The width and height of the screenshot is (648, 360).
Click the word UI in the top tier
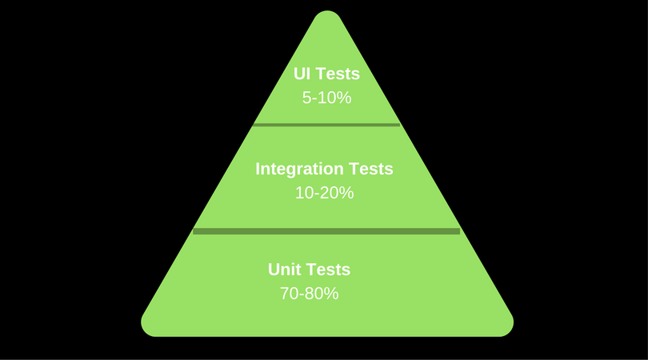point(303,74)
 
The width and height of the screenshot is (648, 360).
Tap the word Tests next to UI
point(338,74)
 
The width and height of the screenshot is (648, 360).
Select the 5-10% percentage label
point(326,98)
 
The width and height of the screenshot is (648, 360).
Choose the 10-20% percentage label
point(324,193)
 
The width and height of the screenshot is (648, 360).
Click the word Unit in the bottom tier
point(284,270)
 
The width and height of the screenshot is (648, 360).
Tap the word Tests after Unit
point(328,270)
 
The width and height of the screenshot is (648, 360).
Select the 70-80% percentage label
point(309,294)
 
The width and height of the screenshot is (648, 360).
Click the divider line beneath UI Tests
point(326,125)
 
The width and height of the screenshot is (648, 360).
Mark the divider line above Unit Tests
point(326,231)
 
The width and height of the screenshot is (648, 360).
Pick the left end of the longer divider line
point(195,231)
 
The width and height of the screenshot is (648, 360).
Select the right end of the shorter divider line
point(398,125)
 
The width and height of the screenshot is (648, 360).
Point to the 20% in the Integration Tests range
point(338,193)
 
